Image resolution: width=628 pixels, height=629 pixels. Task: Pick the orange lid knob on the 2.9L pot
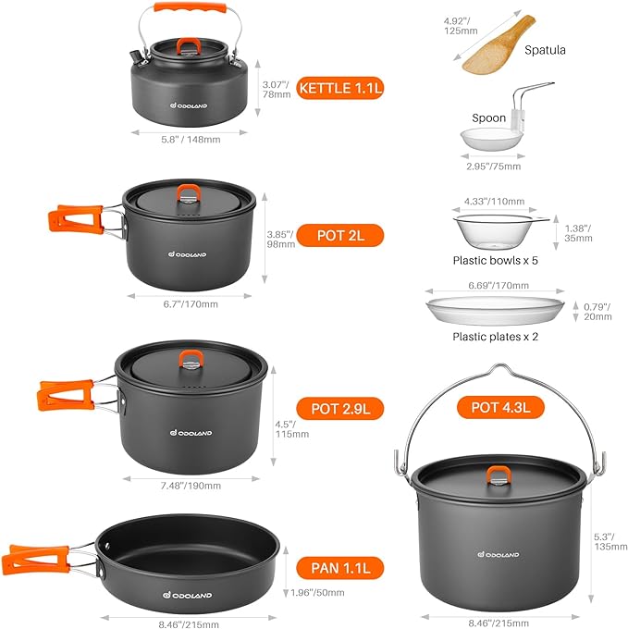coord(191,361)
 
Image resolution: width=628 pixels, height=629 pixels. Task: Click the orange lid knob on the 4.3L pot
coord(499,475)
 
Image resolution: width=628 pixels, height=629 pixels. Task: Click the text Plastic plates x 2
coord(495,337)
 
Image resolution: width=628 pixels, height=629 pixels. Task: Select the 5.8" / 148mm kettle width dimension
coord(189,140)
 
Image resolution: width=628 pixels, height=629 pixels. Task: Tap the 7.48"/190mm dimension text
coord(191,486)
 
